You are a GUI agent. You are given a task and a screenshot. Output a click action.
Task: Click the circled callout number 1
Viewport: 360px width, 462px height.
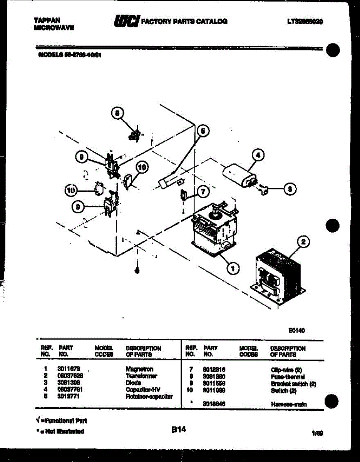232,268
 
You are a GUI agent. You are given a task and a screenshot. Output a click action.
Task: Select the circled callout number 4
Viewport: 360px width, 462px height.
258,156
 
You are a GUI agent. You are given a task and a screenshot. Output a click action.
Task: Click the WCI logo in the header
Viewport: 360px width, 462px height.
126,21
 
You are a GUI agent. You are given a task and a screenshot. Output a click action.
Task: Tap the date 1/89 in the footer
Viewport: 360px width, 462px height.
317,433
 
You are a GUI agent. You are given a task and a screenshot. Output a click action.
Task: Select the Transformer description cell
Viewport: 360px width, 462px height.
141,376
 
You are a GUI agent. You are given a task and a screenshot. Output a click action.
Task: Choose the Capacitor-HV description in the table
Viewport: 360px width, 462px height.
143,390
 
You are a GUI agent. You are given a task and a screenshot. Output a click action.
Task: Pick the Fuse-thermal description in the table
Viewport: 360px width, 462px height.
288,377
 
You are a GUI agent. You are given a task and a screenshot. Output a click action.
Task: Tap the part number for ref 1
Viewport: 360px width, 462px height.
69,369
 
